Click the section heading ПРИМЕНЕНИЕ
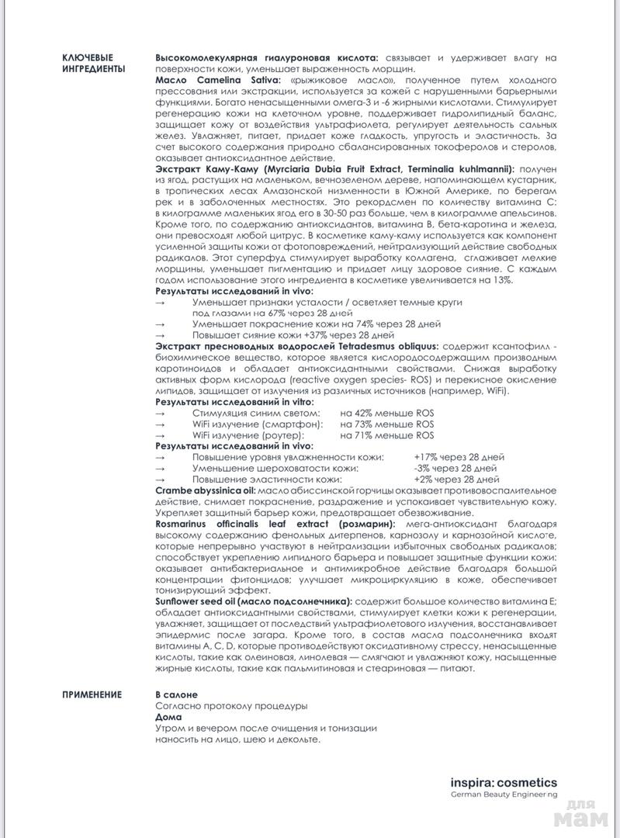coord(91,694)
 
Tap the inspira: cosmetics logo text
coord(504,783)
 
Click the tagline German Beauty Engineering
coord(504,795)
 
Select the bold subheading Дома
coord(168,717)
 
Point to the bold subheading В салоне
coord(176,694)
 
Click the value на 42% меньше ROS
coord(386,413)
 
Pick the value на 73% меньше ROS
coord(386,424)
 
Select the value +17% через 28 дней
coord(459,458)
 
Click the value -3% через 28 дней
coord(456,469)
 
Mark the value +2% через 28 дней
coord(458,480)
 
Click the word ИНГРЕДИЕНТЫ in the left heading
coord(93,69)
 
